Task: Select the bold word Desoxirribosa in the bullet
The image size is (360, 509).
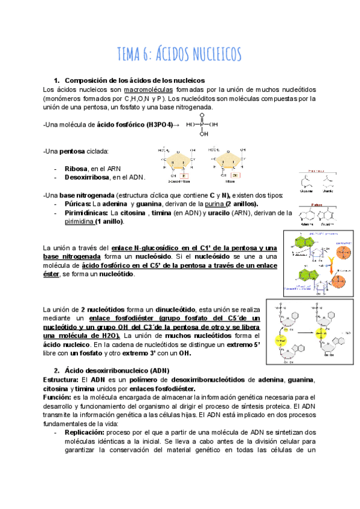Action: (x=89, y=178)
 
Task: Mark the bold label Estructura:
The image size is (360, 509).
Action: (x=62, y=380)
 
